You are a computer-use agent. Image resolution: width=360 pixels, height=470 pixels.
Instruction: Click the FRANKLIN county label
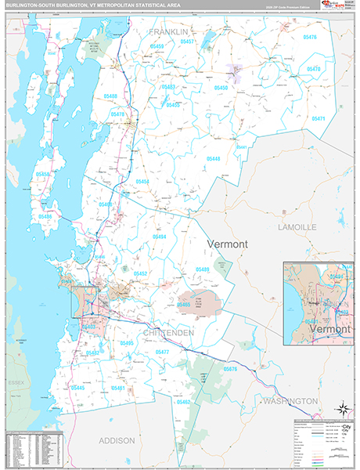tap(171, 32)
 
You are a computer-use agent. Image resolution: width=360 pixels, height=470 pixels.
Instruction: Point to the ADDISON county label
tap(117, 441)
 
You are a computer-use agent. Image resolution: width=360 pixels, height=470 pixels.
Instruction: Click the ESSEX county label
tap(16, 381)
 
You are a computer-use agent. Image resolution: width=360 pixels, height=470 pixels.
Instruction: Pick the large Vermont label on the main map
tap(228, 244)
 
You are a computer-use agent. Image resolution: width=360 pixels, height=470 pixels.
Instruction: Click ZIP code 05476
tap(309, 38)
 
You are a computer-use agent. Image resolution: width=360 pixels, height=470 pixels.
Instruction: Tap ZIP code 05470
tap(313, 69)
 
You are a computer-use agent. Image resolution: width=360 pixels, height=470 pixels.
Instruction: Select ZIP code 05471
tap(319, 118)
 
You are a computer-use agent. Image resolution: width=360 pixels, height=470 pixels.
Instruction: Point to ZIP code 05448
tap(214, 158)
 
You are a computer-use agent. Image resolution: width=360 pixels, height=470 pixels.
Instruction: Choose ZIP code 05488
tap(110, 96)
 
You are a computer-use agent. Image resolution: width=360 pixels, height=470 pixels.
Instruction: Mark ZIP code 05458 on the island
tap(44, 174)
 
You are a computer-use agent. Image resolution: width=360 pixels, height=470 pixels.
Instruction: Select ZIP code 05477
tap(162, 352)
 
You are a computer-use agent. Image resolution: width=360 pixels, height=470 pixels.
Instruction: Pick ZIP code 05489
tap(202, 269)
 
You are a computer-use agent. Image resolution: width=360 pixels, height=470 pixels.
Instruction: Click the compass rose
tap(341, 407)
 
